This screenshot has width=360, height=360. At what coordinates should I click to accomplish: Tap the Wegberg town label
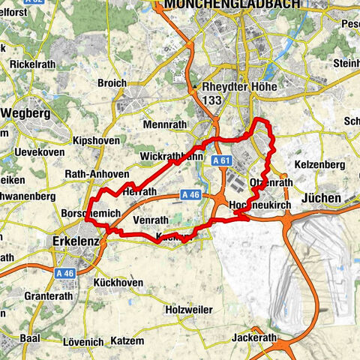click(x=26, y=113)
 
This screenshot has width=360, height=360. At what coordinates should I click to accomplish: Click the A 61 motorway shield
click(x=220, y=160)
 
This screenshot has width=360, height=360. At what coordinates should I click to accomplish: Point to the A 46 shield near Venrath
click(x=191, y=195)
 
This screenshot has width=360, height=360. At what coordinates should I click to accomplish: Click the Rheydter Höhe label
click(x=239, y=88)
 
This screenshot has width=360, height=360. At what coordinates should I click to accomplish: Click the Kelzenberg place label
click(x=320, y=163)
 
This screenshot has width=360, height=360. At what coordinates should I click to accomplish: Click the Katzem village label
click(x=126, y=340)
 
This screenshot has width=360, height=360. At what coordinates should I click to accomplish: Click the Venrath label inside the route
click(x=154, y=220)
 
